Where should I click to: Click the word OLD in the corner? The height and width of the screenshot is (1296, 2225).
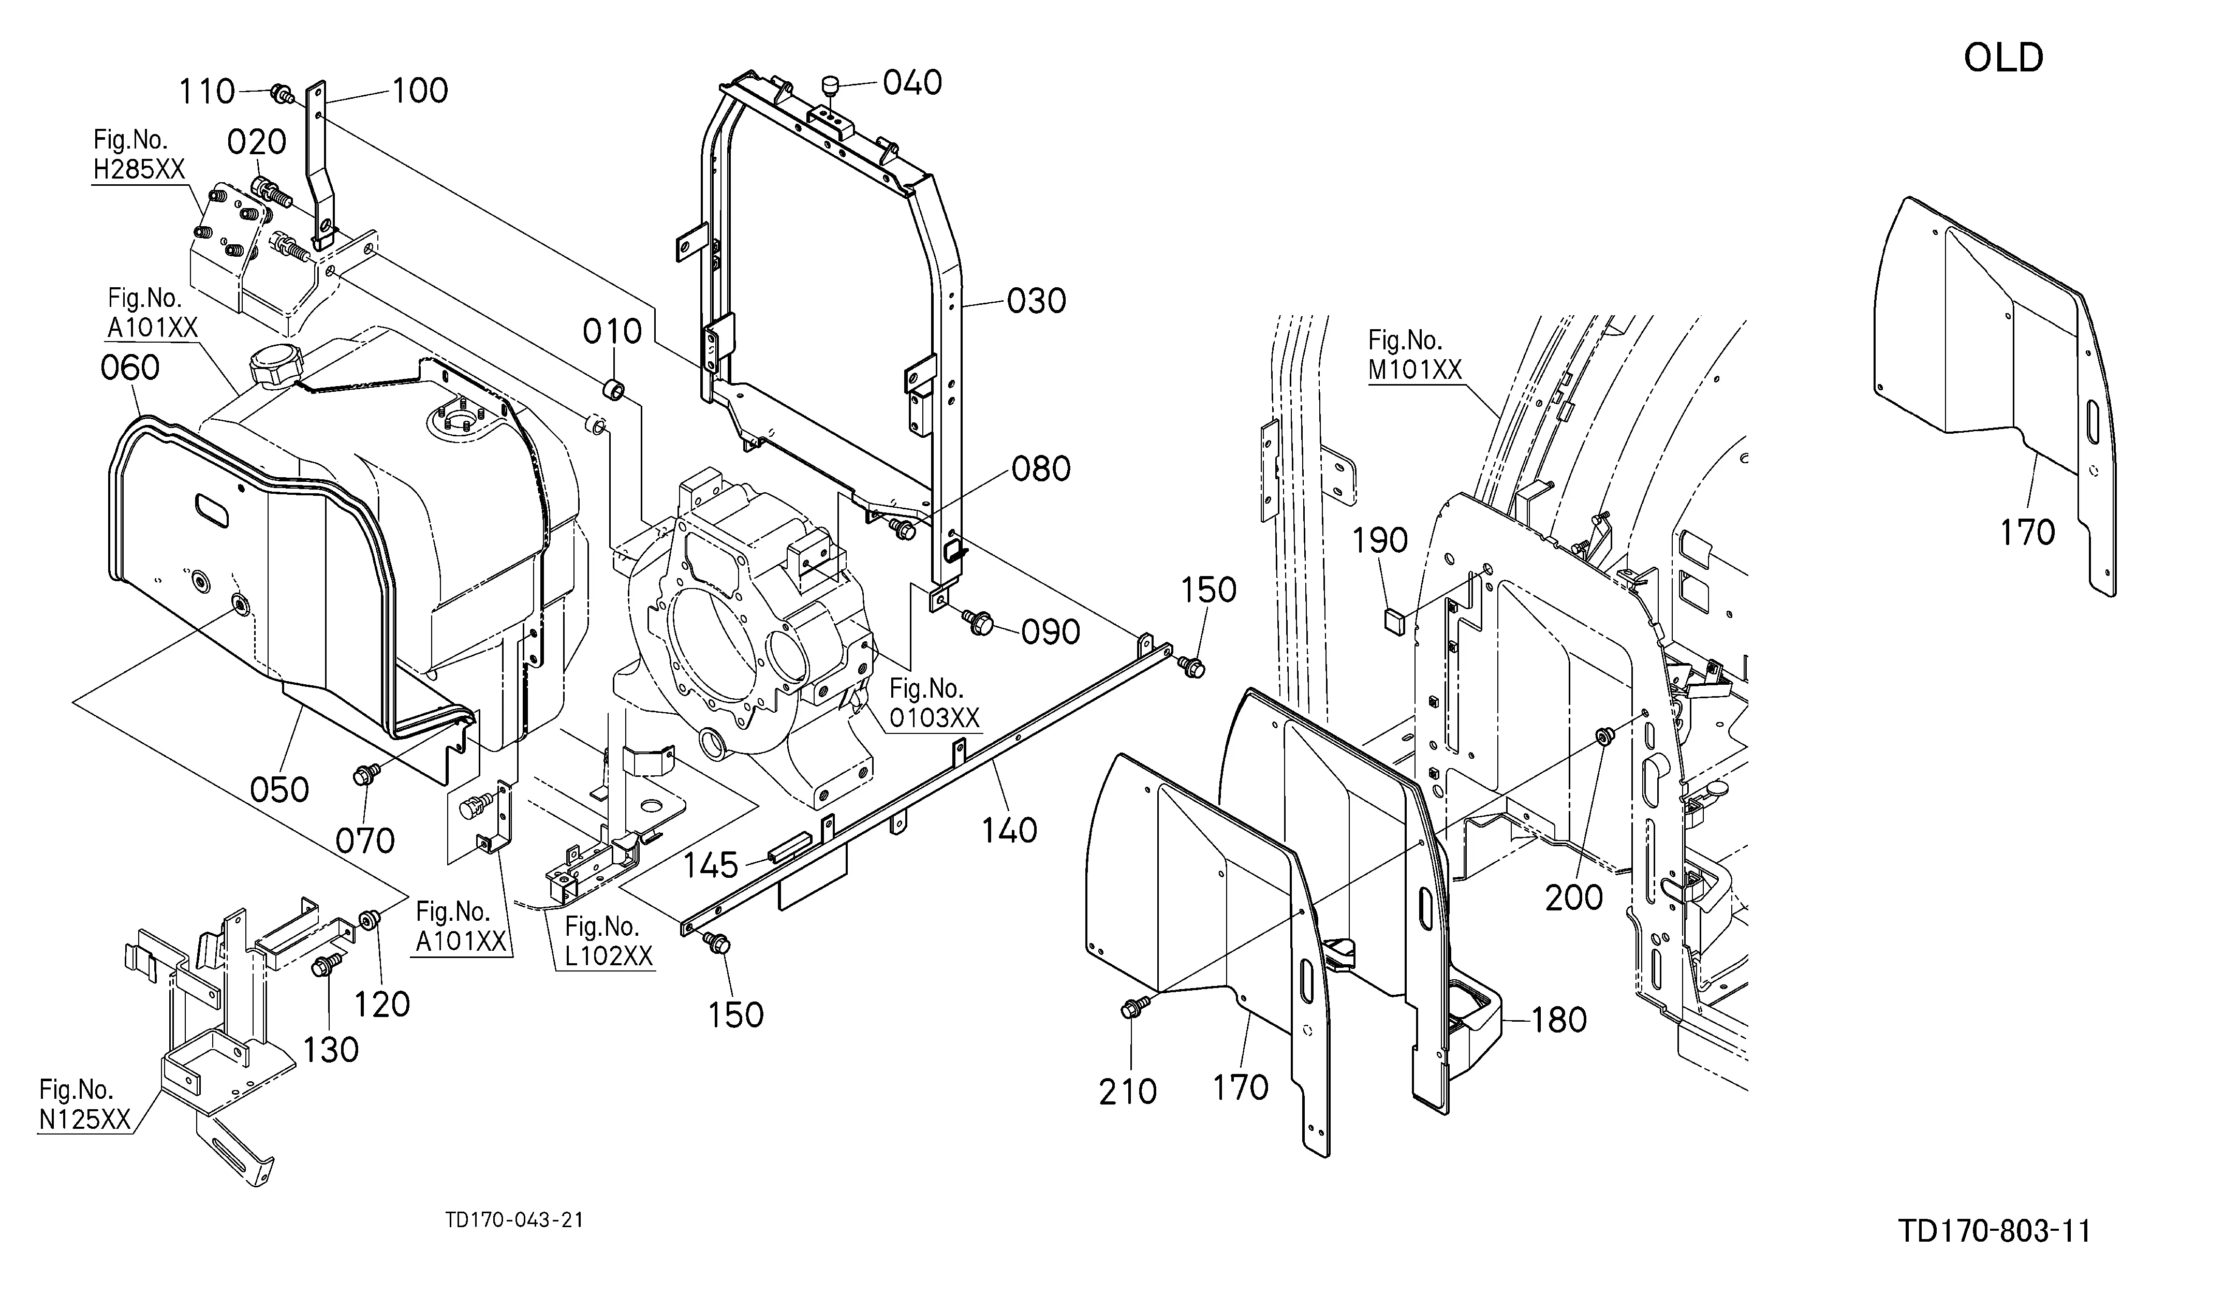[2002, 58]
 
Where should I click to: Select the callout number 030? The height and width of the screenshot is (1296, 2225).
[1037, 301]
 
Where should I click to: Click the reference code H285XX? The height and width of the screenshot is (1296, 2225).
[139, 169]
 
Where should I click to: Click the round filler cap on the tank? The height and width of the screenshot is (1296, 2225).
[275, 365]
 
